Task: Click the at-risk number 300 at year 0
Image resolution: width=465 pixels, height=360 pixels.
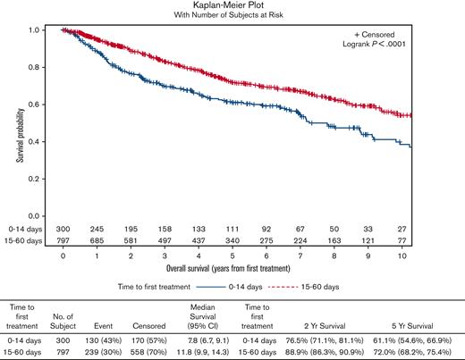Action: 63,230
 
